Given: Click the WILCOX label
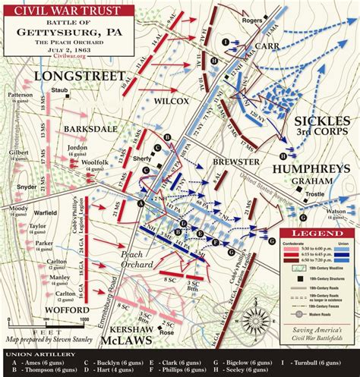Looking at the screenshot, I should [x=172, y=99].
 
